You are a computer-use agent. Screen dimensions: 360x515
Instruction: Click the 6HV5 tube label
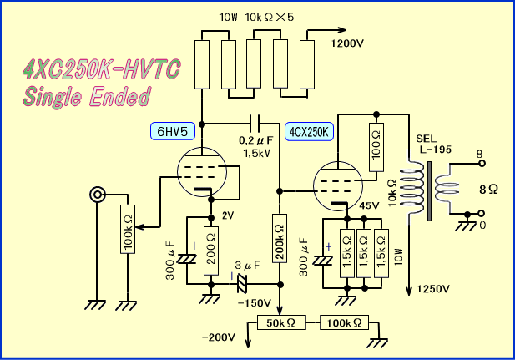tap(173, 130)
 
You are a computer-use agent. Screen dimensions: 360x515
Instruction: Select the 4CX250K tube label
tap(310, 131)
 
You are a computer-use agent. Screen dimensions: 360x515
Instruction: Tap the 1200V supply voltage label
tap(351, 43)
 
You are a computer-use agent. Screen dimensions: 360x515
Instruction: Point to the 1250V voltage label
tap(432, 289)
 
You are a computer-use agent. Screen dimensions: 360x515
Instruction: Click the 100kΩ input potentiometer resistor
tap(126, 231)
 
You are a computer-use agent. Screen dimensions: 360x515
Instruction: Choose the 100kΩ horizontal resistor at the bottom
tap(342, 322)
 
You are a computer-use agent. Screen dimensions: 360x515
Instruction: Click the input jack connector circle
tap(98, 195)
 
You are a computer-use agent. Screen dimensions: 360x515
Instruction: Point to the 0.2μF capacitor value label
tap(255, 141)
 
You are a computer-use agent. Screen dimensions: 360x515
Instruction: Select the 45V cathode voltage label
tap(369, 205)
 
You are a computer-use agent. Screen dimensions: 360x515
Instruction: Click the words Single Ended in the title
tap(88, 97)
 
